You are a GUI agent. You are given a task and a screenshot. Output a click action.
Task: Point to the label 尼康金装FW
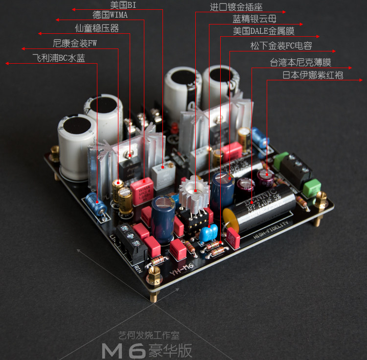75,43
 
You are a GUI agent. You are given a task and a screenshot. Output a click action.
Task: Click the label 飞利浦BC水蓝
58,58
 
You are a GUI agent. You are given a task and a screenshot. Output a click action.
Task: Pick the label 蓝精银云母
254,19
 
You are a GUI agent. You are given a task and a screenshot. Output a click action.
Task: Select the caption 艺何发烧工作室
149,336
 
